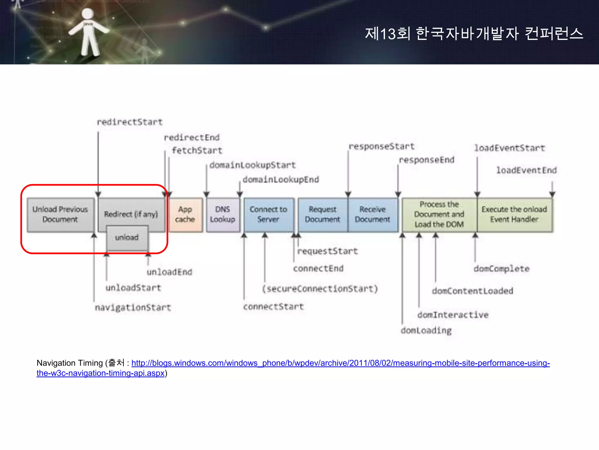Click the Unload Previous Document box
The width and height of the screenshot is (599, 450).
click(x=60, y=215)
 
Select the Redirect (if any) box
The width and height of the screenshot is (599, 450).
click(x=131, y=214)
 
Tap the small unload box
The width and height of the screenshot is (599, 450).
click(x=127, y=238)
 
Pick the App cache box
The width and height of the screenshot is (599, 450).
click(x=185, y=215)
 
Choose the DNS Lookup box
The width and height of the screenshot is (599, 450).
click(x=223, y=215)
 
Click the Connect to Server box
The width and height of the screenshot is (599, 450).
click(x=268, y=215)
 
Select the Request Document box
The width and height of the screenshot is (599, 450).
click(x=323, y=215)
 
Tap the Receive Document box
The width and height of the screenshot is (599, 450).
click(x=373, y=215)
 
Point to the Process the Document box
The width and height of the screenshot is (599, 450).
click(x=439, y=215)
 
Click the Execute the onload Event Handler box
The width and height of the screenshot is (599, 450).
click(x=514, y=215)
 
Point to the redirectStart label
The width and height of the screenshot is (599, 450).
click(x=130, y=122)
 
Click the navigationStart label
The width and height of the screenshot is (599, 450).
click(x=133, y=308)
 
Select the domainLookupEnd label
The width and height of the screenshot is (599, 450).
click(x=281, y=179)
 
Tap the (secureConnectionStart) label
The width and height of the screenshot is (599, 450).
click(x=320, y=289)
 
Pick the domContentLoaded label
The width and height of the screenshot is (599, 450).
click(x=472, y=291)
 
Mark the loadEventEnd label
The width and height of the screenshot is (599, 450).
click(x=526, y=170)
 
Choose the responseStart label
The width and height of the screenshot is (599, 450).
click(x=381, y=146)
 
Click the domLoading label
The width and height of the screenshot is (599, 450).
click(x=426, y=331)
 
